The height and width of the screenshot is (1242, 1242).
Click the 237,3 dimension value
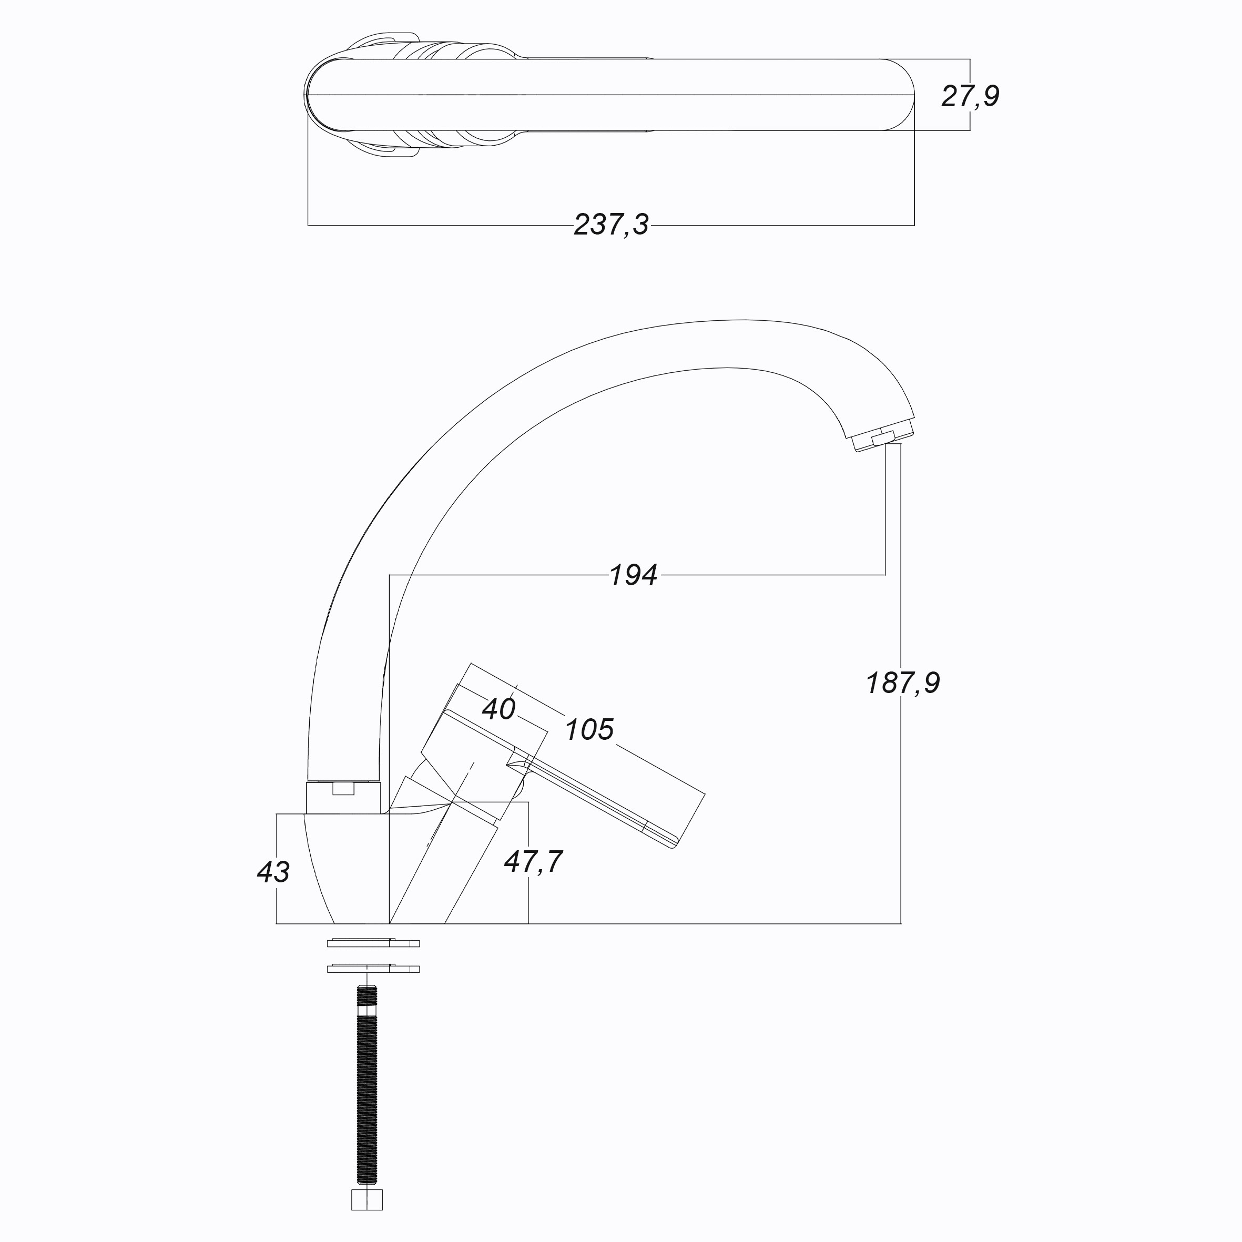point(612,225)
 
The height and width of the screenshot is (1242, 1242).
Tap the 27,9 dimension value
point(970,96)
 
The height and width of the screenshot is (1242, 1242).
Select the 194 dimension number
point(633,575)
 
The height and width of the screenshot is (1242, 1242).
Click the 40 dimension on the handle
point(499,709)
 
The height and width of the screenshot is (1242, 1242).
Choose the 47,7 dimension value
point(534,862)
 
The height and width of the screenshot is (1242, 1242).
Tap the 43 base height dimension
point(273,872)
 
